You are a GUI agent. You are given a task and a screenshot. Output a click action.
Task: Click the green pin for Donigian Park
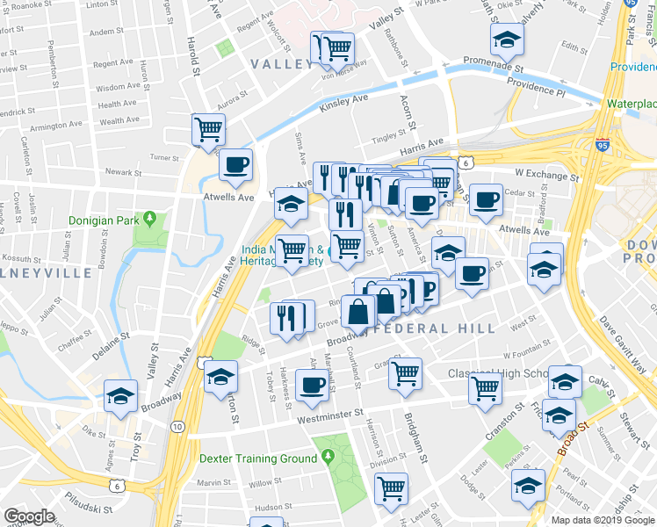click(150, 217)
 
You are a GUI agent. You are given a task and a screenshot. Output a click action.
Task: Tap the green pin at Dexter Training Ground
click(328, 458)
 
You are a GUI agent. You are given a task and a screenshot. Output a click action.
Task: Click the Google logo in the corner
click(29, 516)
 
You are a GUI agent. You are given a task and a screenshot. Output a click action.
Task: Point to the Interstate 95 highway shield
click(603, 146)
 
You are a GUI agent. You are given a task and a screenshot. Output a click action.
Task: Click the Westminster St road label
click(318, 413)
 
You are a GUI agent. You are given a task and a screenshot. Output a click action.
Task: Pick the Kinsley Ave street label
click(343, 102)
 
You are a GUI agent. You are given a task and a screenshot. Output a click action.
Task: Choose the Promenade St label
click(495, 67)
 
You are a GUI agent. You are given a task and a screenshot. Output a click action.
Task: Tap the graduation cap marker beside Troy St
click(120, 394)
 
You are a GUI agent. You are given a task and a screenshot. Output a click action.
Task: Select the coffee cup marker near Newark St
click(235, 163)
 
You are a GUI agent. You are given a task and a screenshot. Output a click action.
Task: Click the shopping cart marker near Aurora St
click(208, 129)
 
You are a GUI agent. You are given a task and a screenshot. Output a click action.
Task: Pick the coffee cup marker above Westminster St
click(312, 384)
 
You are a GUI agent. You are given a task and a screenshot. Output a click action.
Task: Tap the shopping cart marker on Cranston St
click(485, 386)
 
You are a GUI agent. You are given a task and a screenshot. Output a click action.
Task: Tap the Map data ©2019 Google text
click(603, 519)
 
